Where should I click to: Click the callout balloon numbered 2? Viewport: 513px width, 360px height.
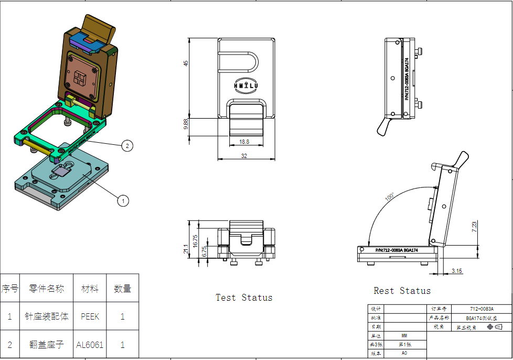tap(127, 146)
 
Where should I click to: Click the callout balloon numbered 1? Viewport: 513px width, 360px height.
tap(123, 200)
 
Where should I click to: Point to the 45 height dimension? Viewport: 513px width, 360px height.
tap(186, 63)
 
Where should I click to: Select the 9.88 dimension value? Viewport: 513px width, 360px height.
tap(186, 124)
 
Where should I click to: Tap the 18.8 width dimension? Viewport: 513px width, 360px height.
tap(244, 142)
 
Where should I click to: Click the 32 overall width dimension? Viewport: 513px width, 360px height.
tap(244, 156)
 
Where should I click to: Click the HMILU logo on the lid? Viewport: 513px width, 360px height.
tap(246, 85)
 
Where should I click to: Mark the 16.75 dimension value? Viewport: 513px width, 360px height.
tap(196, 240)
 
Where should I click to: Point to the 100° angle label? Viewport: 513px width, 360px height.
tap(390, 197)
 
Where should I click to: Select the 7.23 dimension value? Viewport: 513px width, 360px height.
tap(474, 227)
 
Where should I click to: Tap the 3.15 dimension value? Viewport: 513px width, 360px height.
tap(456, 271)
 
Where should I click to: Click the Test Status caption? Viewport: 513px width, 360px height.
tap(244, 298)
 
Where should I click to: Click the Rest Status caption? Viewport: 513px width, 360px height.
tap(402, 291)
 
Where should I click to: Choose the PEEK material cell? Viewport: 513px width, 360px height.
tap(90, 316)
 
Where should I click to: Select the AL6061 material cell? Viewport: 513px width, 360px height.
tap(90, 345)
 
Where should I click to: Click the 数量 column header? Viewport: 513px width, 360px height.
tap(122, 288)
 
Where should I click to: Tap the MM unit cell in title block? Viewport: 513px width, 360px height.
tap(404, 336)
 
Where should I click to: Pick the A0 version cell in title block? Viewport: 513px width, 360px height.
tap(404, 353)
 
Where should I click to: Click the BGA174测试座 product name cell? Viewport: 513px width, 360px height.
tap(481, 318)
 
